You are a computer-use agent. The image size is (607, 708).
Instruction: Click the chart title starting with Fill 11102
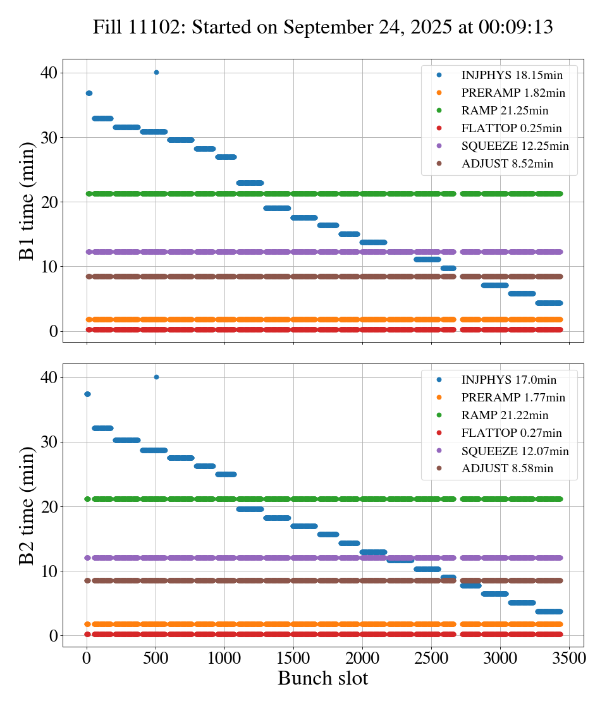pos(322,27)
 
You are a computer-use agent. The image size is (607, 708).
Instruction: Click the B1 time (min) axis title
pos(27,200)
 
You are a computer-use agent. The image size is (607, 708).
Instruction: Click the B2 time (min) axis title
pos(27,505)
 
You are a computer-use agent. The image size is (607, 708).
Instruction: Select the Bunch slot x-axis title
pos(322,679)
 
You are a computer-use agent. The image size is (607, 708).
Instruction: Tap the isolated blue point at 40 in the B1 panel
pos(156,73)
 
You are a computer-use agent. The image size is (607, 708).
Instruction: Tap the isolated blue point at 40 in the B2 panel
pos(156,377)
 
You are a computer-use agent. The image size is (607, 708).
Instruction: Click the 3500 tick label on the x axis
pos(569,658)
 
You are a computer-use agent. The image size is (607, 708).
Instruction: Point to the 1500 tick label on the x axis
pos(293,658)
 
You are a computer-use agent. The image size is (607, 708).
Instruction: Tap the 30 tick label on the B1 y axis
pos(49,138)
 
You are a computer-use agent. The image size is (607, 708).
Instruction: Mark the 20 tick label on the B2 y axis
pos(49,507)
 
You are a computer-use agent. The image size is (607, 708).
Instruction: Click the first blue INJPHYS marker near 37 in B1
pos(89,94)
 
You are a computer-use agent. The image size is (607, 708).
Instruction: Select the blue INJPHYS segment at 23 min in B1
pos(250,183)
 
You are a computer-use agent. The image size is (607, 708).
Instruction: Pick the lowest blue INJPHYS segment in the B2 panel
pos(548,611)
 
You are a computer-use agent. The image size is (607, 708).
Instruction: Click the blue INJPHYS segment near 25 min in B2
pos(226,474)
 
